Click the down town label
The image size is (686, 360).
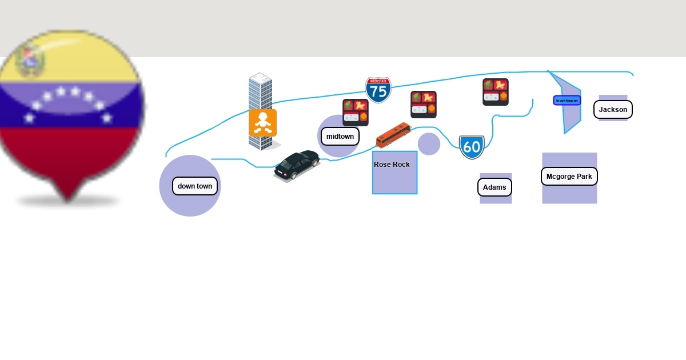coord(195,186)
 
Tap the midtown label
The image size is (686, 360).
coord(340,137)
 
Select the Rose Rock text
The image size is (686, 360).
coord(392,165)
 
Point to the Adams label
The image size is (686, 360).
coord(494,187)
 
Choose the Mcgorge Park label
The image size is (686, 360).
coord(569,177)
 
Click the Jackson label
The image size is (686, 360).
coord(613,109)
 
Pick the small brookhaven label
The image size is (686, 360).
coord(567,101)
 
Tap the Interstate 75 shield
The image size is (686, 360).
coord(378,90)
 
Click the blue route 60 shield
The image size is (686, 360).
coord(472,147)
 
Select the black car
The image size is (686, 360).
coord(297,165)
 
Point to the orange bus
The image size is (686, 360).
coord(393,134)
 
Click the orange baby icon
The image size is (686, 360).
coord(262,123)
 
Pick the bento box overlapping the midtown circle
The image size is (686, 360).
coord(355,112)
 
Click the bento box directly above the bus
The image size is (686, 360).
coord(423,104)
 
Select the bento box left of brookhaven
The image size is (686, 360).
coord(495,91)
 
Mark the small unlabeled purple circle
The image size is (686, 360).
coord(429,144)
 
